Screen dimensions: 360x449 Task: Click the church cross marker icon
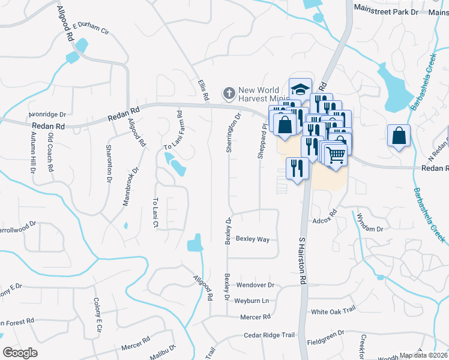pos(229,93)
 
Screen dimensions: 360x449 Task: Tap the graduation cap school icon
pos(299,89)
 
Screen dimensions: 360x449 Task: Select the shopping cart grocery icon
pos(337,154)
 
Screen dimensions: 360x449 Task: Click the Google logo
pos(20,353)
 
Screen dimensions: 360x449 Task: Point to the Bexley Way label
pos(252,239)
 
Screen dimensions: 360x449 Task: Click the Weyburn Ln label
pos(252,300)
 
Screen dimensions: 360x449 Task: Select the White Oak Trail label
pos(333,312)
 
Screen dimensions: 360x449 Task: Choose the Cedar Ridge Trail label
pos(270,335)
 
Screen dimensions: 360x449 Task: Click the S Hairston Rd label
pos(303,259)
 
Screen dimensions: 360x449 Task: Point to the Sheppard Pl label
pos(261,142)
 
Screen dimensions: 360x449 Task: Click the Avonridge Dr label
pos(47,113)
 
